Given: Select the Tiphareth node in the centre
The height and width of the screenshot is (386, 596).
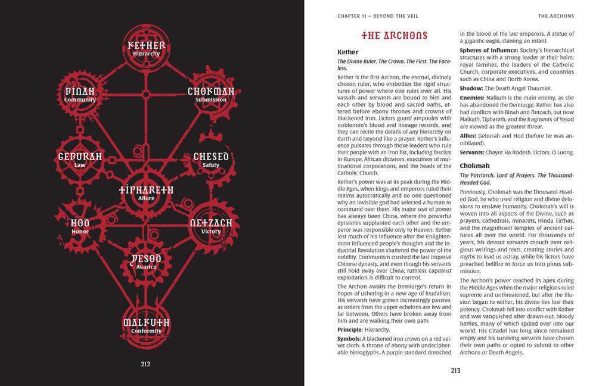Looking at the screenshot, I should point(146,192).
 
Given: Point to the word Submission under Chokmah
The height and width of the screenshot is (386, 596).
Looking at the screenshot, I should point(210,99).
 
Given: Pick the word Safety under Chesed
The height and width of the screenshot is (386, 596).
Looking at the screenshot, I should point(210,165).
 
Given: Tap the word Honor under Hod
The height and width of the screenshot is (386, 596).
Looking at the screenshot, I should point(80,231).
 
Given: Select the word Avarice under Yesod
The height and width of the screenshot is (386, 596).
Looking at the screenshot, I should point(146,266).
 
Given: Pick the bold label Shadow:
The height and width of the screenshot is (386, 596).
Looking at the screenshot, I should point(473,88).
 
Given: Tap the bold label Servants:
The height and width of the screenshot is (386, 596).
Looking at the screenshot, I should point(476,152).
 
